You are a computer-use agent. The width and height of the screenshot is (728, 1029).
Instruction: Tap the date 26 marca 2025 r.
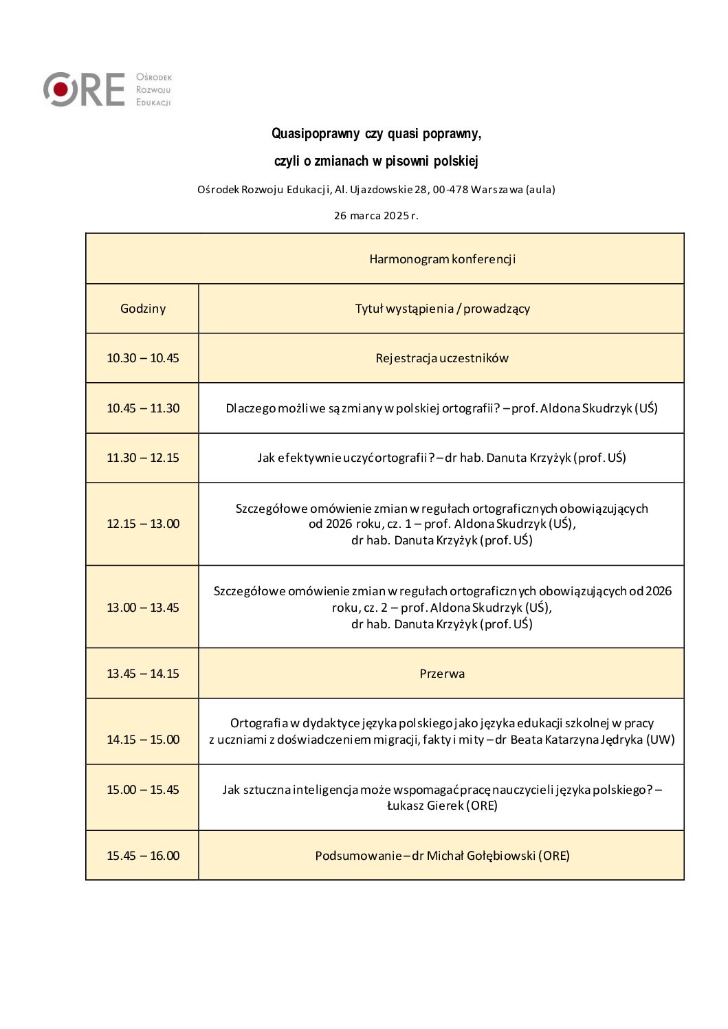pos(376,216)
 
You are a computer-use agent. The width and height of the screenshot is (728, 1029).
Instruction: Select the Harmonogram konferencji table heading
pos(442,259)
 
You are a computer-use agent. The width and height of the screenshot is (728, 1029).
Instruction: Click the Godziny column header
pos(143,309)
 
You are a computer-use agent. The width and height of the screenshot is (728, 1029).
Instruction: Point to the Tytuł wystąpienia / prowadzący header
pos(442,309)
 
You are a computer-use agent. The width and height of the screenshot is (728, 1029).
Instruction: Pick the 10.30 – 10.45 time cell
pos(143,358)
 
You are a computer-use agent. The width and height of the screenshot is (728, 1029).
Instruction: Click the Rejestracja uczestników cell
pos(442,358)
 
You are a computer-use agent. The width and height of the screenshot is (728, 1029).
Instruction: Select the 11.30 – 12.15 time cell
pos(143,458)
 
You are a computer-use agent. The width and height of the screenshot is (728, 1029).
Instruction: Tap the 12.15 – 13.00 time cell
pos(143,524)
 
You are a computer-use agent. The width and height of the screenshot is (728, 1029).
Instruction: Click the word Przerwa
pos(442,674)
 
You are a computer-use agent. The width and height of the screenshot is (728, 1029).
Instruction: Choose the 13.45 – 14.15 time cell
pos(143,674)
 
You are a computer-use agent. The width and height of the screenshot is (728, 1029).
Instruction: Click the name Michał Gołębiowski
pos(481,856)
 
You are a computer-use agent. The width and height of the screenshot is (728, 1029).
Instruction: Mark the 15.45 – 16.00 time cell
pos(143,856)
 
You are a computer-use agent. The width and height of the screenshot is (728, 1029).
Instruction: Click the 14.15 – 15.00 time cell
pos(143,740)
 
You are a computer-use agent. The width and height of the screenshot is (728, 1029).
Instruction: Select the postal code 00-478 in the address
pos(450,190)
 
